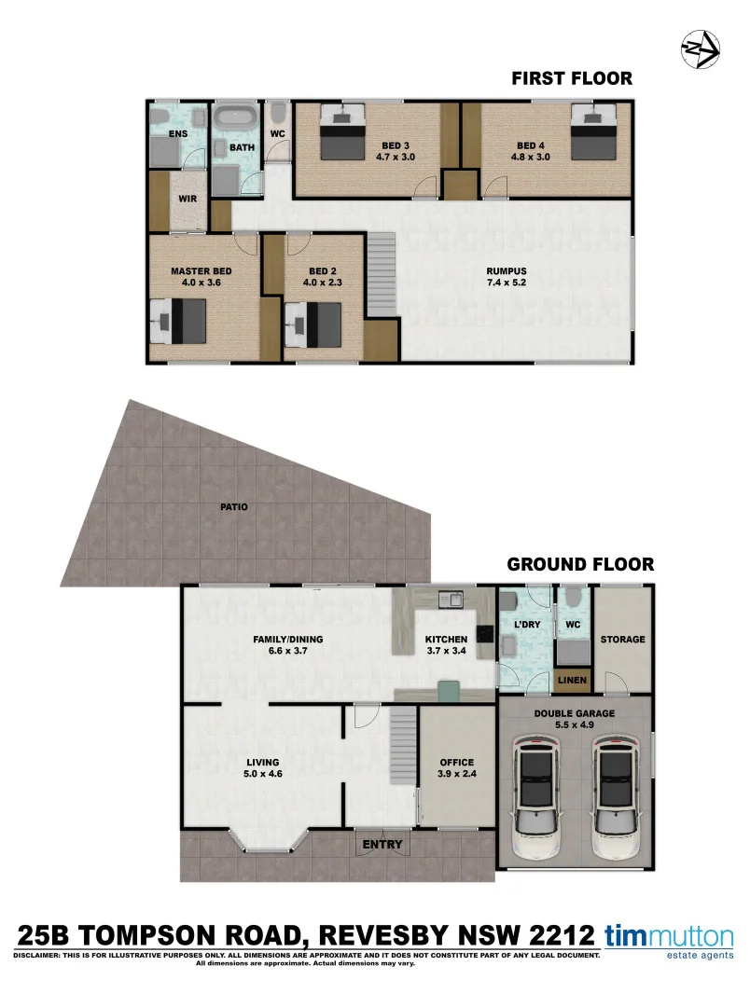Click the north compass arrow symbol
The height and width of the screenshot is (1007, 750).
pos(700,48)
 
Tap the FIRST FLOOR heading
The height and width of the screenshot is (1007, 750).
pos(571,79)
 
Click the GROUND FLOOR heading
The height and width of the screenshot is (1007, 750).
pos(579,564)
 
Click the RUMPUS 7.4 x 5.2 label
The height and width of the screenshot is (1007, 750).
pos(507,277)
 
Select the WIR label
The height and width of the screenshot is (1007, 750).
pos(187,199)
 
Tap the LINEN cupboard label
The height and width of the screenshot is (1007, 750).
pos(572,681)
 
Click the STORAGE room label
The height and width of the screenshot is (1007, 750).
pos(622,640)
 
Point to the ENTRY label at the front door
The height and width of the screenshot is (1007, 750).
pos(383,845)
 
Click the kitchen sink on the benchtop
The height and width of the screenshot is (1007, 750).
pos(450,600)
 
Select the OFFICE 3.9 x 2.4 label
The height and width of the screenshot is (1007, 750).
pos(457,767)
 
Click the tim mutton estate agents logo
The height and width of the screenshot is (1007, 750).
pos(670,939)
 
